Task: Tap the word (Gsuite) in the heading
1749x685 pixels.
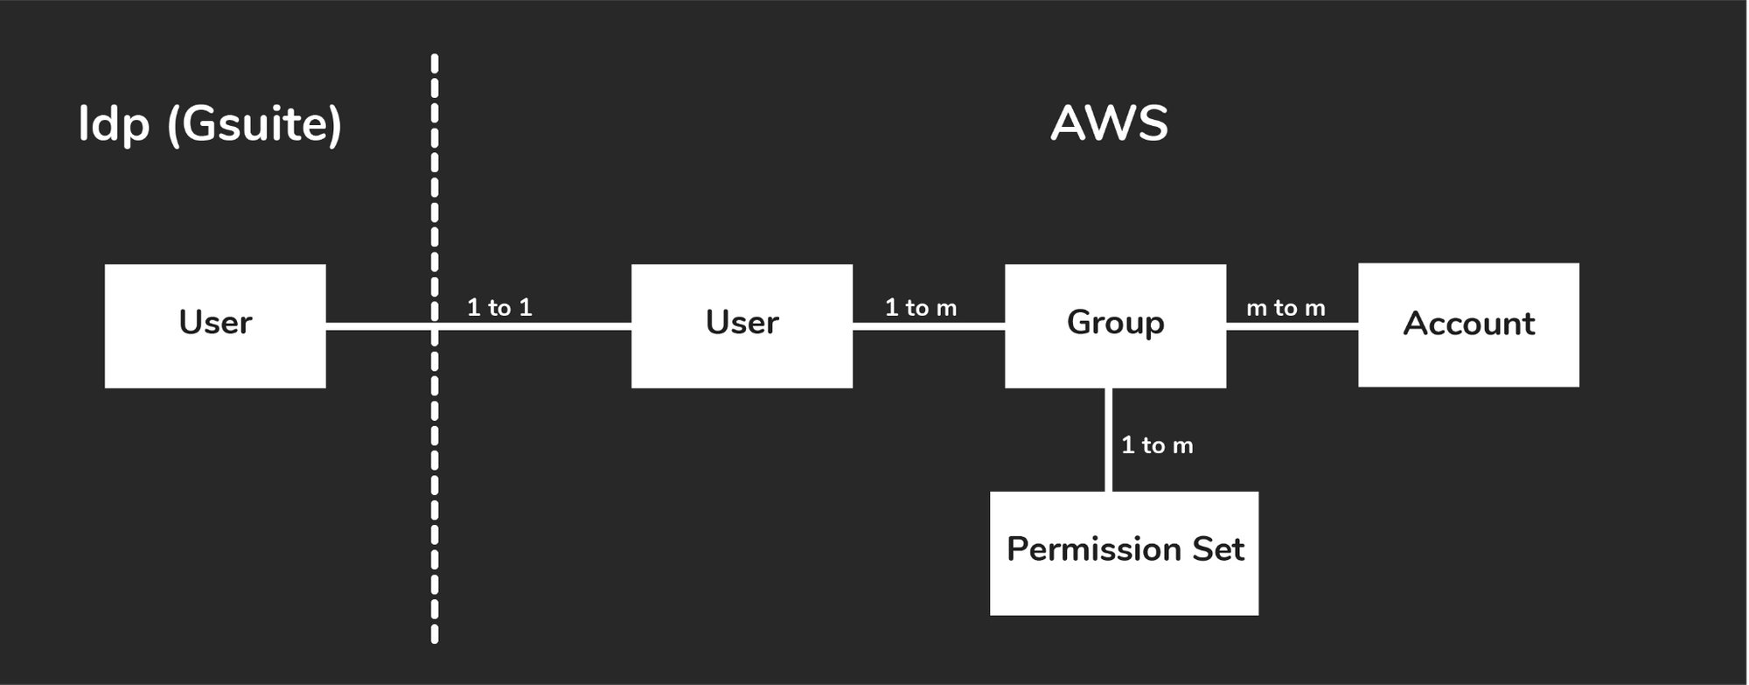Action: (254, 125)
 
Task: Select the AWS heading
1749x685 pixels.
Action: (1109, 123)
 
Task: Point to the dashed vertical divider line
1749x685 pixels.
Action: (435, 349)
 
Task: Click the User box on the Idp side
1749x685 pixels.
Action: (215, 325)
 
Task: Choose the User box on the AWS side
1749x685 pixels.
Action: (742, 325)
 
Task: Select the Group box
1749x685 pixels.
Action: (1115, 325)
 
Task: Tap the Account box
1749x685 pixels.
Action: (1468, 325)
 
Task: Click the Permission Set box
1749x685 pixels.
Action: (1124, 553)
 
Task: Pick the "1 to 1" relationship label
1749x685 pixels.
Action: (499, 307)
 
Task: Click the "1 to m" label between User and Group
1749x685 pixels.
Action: (921, 307)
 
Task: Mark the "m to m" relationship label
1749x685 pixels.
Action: (1286, 308)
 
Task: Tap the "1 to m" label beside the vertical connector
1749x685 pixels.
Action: (1157, 445)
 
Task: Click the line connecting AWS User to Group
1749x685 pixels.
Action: (929, 326)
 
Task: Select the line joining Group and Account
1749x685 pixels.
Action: (1292, 326)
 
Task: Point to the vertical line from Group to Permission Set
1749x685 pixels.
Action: (1109, 439)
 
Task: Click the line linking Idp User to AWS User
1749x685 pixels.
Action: (478, 326)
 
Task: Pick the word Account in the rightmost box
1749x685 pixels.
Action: (1469, 324)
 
